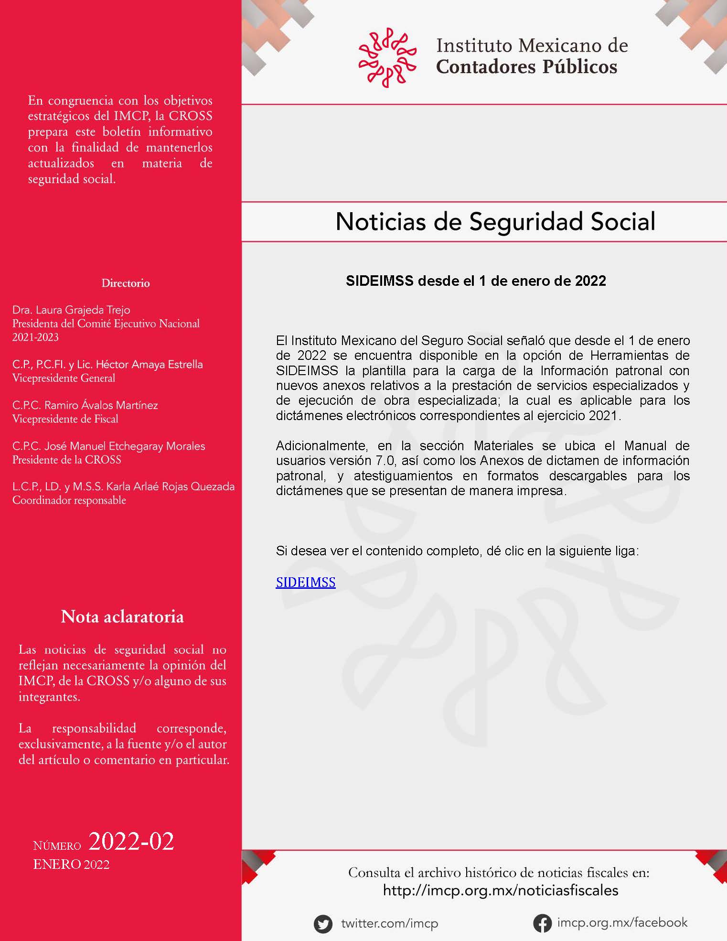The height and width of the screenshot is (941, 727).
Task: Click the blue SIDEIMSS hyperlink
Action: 306,582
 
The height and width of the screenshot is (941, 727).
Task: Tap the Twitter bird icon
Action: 323,923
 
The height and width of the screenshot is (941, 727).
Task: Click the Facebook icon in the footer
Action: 543,923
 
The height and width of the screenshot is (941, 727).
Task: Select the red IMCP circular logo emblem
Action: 387,57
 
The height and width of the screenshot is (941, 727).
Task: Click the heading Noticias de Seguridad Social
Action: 495,222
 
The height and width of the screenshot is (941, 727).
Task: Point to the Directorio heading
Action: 126,283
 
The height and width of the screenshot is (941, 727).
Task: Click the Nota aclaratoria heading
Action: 122,617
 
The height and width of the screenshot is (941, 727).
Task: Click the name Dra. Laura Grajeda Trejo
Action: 71,310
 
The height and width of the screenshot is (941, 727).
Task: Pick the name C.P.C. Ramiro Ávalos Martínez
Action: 85,405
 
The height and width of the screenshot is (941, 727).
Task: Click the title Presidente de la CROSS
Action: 67,460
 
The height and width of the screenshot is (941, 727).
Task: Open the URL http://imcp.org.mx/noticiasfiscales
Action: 501,890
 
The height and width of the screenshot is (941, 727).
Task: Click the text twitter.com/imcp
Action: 389,923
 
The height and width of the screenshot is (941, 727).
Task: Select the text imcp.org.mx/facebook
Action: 622,922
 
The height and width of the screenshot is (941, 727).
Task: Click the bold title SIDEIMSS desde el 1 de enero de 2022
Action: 476,281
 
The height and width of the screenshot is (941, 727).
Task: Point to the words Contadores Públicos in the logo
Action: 526,66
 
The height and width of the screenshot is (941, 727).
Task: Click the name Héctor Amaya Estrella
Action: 149,364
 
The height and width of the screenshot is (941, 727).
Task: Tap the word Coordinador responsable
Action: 69,500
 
